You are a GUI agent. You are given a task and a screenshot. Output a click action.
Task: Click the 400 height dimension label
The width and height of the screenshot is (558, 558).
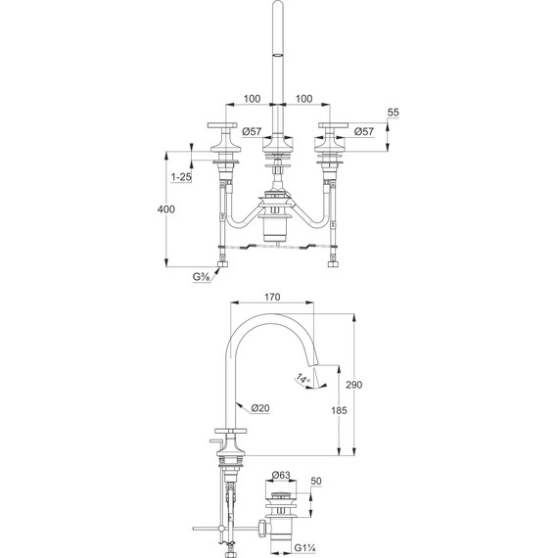coord(166,209)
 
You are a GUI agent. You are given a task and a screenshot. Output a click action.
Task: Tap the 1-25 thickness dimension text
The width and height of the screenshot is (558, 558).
coord(181,177)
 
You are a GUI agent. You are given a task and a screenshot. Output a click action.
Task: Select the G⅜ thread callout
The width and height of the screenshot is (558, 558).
coord(201,276)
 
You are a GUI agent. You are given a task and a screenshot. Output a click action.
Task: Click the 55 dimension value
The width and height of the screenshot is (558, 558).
coord(393,113)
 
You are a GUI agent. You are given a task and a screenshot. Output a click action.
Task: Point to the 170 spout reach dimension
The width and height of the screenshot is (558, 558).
coord(272,297)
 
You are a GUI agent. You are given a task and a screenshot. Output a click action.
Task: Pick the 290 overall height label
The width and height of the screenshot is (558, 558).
coord(354,385)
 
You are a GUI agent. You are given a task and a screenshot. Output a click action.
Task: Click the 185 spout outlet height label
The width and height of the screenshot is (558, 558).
coord(339,410)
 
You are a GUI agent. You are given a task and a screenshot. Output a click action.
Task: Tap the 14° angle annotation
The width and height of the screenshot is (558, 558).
coord(303,379)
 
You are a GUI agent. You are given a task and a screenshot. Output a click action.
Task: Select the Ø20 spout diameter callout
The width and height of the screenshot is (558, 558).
coord(260,408)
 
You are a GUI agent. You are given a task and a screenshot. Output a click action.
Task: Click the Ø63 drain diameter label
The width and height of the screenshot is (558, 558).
coord(281,475)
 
